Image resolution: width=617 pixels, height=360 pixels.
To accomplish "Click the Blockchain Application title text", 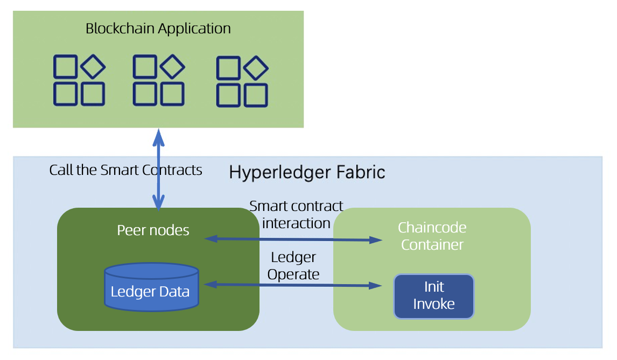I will [158, 29].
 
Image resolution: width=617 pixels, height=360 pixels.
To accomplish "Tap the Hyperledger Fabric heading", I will [307, 173].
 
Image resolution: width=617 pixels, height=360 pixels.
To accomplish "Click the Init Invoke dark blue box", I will [434, 296].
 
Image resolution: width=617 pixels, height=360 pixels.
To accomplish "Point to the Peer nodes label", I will [153, 230].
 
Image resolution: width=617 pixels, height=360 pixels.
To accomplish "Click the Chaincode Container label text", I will [432, 236].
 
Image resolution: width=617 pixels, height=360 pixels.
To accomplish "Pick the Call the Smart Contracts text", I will [125, 170].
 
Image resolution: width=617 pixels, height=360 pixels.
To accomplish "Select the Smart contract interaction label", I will [296, 214].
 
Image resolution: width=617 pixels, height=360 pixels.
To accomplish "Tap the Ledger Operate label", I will [293, 266].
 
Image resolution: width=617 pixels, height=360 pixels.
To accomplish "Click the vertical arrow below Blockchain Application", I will [159, 170].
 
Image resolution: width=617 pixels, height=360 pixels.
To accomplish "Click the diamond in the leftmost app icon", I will [93, 67].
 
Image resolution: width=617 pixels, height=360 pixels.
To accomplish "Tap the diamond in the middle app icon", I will [173, 67].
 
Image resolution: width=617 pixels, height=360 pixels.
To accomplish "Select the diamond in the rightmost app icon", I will [256, 68].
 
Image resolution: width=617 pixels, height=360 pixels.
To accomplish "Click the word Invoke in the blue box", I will [434, 303].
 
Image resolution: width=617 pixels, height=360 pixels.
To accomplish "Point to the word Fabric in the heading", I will [360, 173].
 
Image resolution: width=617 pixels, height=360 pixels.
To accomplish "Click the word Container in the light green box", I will [432, 245].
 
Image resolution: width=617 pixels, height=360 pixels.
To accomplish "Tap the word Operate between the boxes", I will [293, 274].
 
